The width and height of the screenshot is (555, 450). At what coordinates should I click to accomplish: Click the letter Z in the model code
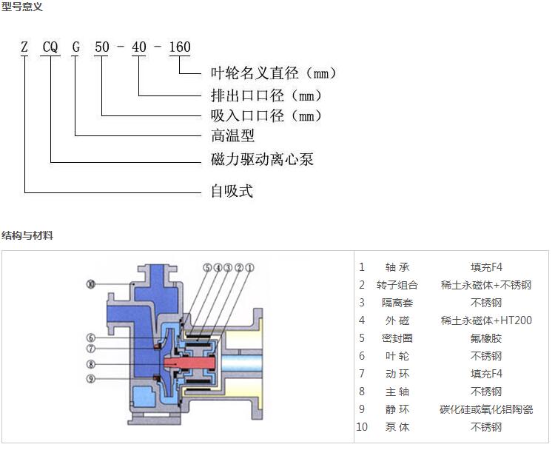pos(25,48)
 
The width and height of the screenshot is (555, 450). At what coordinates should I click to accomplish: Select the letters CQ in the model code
pos(50,48)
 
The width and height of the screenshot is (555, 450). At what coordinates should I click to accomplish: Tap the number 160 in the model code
pos(180,48)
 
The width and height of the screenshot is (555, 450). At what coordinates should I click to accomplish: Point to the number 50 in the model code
pos(101,48)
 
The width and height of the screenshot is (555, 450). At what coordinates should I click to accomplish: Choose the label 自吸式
pos(232,191)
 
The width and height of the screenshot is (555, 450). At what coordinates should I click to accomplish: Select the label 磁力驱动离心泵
pos(262,159)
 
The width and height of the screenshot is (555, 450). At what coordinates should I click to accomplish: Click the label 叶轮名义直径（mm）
pos(273,73)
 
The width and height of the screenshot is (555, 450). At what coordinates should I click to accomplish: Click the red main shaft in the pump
pos(189,363)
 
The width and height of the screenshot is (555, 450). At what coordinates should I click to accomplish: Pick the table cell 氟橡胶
pos(485,338)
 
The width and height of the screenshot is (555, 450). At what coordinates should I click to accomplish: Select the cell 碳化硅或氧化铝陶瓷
pos(485,409)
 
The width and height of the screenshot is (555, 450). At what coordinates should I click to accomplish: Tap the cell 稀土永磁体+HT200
pos(485,320)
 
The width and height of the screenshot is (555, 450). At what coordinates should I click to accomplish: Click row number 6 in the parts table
pos(362,356)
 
